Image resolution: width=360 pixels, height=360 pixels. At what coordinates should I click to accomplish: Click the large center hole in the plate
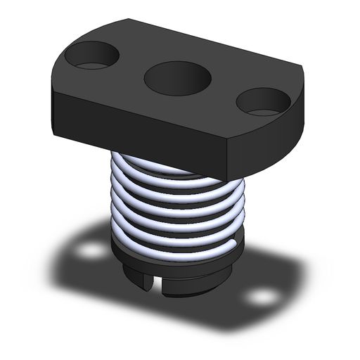(177, 77)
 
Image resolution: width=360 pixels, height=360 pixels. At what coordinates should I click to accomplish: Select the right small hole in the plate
(264, 101)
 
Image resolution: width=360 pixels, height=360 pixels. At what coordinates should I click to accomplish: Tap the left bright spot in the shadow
(89, 251)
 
